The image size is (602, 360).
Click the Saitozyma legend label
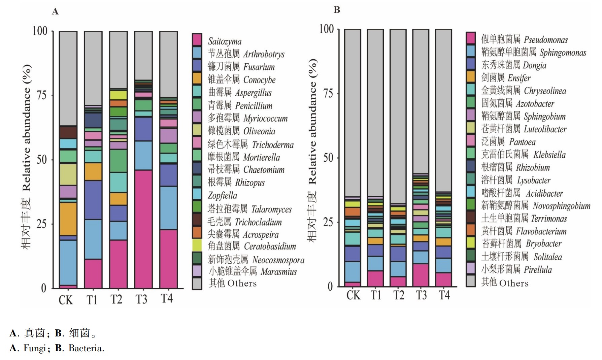pos(225,41)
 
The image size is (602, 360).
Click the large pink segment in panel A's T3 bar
pos(143,229)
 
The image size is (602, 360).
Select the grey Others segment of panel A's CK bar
pos(68,78)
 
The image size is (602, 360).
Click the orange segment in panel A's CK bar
pos(68,219)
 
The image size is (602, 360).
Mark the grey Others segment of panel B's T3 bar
pos(421,101)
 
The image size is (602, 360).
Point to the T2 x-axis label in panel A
pos(116,299)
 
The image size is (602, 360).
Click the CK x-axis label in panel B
pos(353,295)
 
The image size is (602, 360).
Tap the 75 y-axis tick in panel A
pos(41,95)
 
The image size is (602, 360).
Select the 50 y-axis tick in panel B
pos(329,158)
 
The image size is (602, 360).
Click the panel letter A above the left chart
pos(55,12)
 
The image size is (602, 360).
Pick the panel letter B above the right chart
pos(337,10)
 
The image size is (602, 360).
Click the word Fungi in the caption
pos(34,348)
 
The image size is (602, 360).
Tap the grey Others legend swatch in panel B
pos(470,281)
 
